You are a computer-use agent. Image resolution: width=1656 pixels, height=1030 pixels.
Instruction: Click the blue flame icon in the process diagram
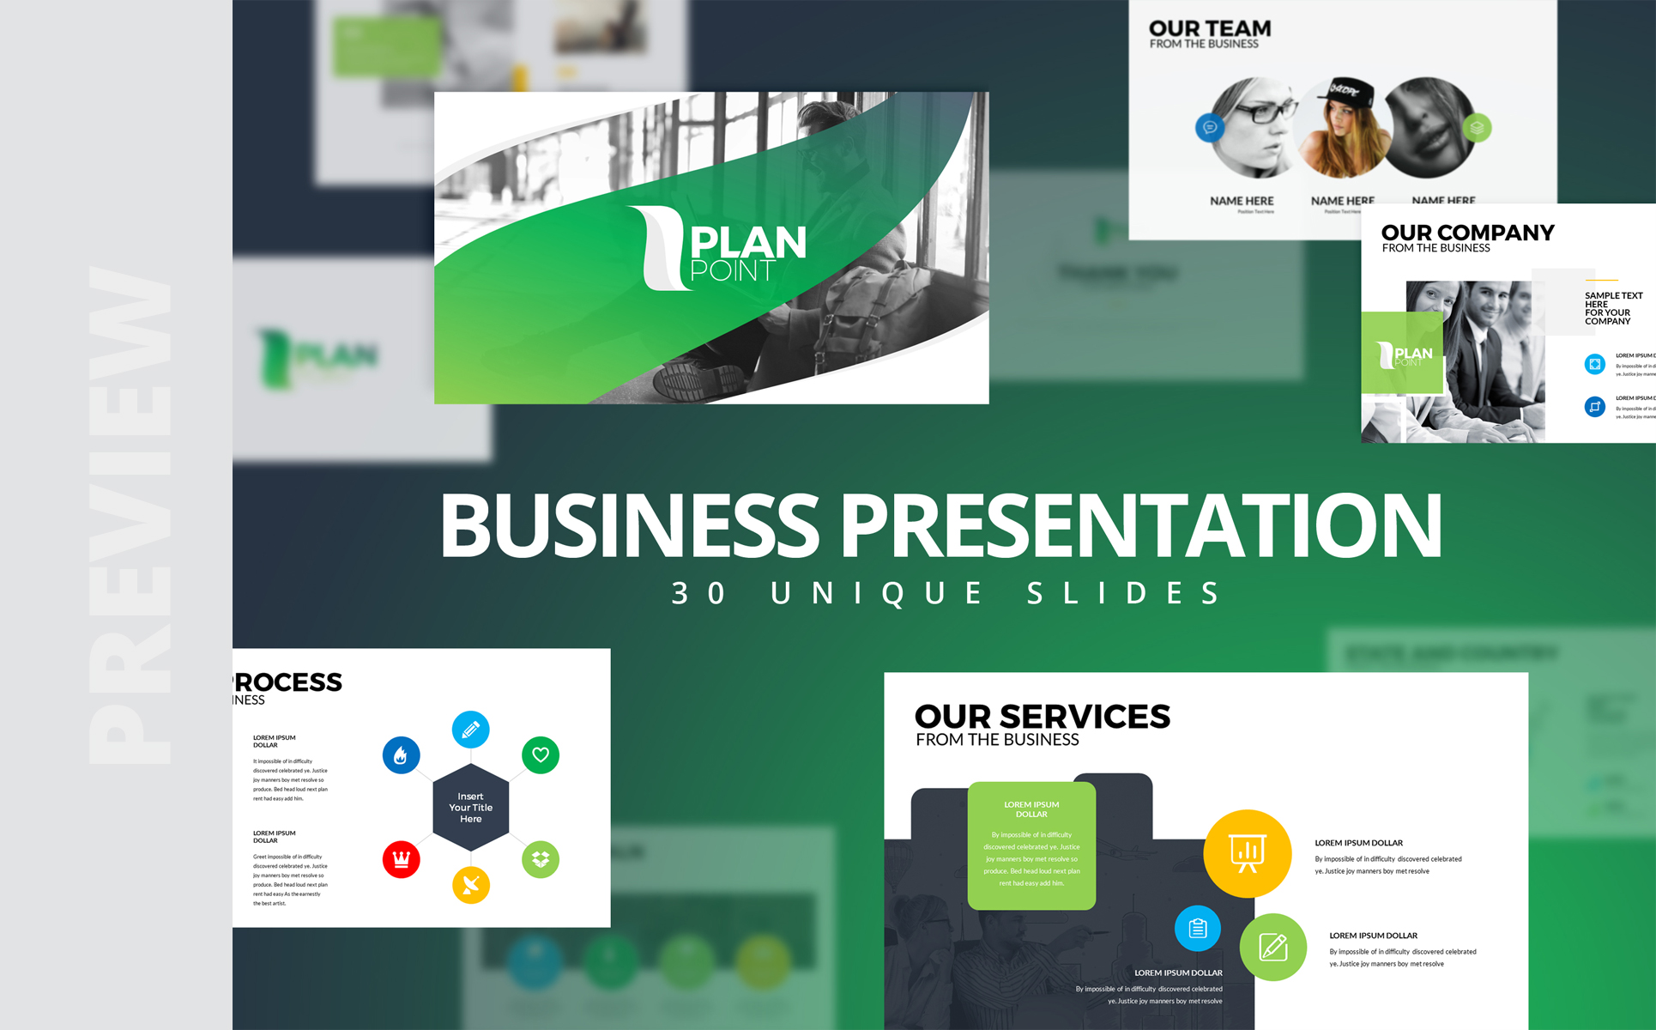(401, 755)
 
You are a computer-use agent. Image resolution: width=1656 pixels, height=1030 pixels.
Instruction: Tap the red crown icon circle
(401, 858)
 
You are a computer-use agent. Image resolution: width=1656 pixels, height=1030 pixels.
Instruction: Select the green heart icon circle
(541, 755)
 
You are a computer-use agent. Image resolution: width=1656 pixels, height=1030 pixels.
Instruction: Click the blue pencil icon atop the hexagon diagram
(471, 730)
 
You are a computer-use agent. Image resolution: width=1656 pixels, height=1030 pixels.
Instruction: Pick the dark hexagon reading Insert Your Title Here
(471, 808)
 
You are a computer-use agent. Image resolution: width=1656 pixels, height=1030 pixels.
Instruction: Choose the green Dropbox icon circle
(541, 858)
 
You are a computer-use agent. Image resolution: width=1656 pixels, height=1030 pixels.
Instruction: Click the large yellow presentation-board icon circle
(1247, 853)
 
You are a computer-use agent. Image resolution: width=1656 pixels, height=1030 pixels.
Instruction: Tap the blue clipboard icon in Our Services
(1198, 928)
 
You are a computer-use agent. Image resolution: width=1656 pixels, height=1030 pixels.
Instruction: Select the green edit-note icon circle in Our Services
(1273, 948)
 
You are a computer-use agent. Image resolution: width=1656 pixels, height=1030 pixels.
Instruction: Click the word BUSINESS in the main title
(631, 525)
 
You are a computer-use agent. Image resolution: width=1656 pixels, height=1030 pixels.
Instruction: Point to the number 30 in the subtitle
(699, 593)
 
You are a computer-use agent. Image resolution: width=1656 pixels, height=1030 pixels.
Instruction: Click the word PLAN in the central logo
(748, 242)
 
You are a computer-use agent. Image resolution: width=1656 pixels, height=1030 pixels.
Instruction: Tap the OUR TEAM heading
(1210, 29)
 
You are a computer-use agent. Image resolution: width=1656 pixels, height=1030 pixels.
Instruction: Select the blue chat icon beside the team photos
(1210, 128)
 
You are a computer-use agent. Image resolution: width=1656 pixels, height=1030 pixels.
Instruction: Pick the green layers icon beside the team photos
(1477, 128)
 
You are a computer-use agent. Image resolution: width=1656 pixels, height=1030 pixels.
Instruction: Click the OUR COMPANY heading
(1467, 233)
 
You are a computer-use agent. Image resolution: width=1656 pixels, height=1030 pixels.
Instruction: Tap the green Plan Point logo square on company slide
(1402, 354)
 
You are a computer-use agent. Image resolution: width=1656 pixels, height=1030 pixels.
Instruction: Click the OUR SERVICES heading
(1043, 717)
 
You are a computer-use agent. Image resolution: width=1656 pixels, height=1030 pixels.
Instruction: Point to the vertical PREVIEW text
(130, 515)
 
